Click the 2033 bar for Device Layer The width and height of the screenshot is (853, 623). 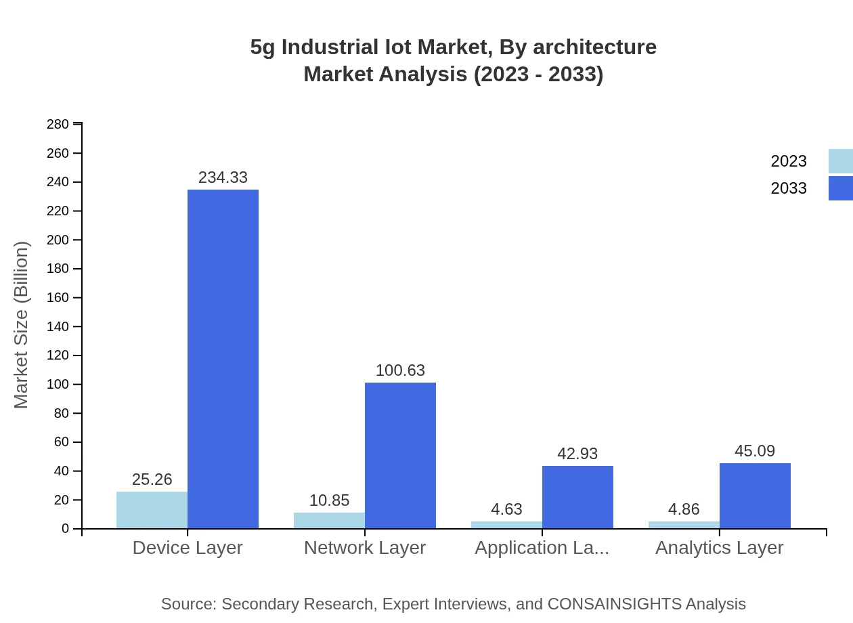pos(223,359)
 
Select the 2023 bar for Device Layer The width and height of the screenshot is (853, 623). pos(152,510)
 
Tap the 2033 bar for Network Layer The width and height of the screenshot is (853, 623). pos(400,455)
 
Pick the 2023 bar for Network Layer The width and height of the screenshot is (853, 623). pos(329,520)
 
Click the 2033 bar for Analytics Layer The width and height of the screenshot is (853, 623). pos(755,496)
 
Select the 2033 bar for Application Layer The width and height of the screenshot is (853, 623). pos(577,497)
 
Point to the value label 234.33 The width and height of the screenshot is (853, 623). pos(223,177)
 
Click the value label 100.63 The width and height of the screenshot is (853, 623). pos(400,370)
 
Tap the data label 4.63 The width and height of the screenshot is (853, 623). pos(506,509)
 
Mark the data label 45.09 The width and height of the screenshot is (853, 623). pos(755,451)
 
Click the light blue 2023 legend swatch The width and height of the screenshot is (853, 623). pos(840,161)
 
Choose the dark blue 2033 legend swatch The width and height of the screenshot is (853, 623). pos(840,188)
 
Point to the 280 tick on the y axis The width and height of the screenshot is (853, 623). pos(58,125)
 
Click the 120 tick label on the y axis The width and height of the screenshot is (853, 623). pos(58,356)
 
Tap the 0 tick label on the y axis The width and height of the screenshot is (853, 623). pos(66,529)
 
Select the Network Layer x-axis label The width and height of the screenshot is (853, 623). pos(365,548)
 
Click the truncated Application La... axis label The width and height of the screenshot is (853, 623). pos(542,548)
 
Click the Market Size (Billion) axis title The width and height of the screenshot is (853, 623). pos(22,325)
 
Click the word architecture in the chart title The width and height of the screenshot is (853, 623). pos(594,47)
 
